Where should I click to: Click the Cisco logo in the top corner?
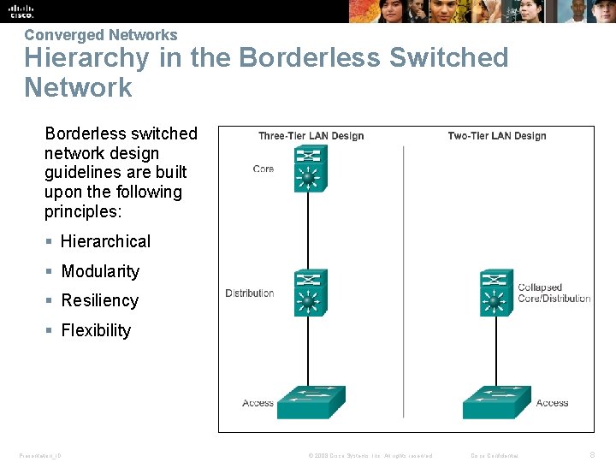[21, 11]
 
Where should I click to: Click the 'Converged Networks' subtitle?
[101, 35]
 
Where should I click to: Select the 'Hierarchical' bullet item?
[105, 241]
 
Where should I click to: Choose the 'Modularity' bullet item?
[100, 271]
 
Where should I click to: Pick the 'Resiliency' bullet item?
[99, 300]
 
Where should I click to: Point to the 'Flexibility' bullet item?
[96, 330]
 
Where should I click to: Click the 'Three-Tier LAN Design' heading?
[311, 136]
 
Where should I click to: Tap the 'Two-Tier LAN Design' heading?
[497, 136]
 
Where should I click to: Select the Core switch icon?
[310, 169]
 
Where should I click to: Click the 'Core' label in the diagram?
[264, 169]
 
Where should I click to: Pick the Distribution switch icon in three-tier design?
[310, 293]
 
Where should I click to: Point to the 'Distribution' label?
[250, 293]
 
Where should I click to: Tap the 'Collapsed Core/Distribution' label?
[554, 293]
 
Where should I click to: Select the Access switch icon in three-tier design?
[311, 401]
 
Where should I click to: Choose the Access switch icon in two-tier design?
[496, 401]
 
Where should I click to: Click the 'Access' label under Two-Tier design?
[552, 403]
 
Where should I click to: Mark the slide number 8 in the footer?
[593, 455]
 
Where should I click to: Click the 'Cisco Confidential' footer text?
[495, 456]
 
